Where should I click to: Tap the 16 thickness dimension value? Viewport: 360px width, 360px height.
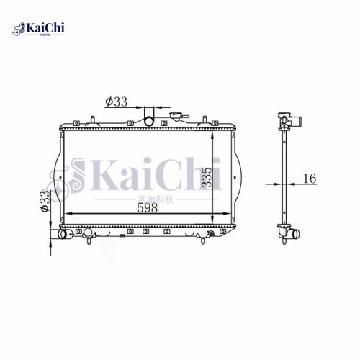(309, 178)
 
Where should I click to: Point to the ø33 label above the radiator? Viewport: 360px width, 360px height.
(116, 102)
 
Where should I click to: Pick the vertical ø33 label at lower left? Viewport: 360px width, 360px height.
(44, 201)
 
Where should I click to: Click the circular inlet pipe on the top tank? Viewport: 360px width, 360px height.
(150, 115)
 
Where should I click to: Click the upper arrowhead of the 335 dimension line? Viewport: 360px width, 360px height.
(212, 134)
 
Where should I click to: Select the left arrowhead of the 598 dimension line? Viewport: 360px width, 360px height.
(70, 215)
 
